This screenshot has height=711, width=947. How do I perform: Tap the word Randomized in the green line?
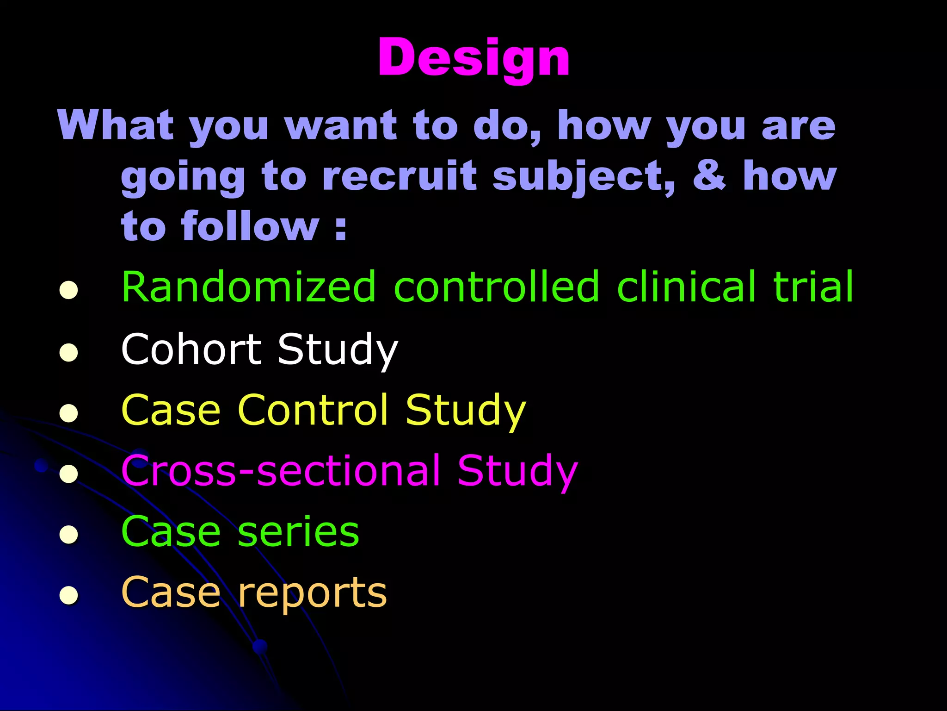pyautogui.click(x=248, y=287)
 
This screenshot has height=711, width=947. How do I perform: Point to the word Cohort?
pyautogui.click(x=191, y=349)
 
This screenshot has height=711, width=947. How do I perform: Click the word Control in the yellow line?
pyautogui.click(x=313, y=410)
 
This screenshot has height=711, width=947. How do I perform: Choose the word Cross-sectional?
pyautogui.click(x=280, y=471)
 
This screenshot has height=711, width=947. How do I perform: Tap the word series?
pyautogui.click(x=298, y=532)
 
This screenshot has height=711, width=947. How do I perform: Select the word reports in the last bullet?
pyautogui.click(x=313, y=593)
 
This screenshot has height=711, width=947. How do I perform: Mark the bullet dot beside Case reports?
pyautogui.click(x=68, y=595)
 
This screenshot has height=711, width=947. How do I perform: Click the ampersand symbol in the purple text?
pyautogui.click(x=709, y=175)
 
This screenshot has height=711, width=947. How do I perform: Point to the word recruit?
pyautogui.click(x=399, y=176)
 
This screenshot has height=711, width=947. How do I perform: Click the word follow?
pyautogui.click(x=250, y=226)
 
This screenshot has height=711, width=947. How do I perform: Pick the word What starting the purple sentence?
pyautogui.click(x=116, y=125)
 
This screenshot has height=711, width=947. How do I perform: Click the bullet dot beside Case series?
pyautogui.click(x=68, y=535)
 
